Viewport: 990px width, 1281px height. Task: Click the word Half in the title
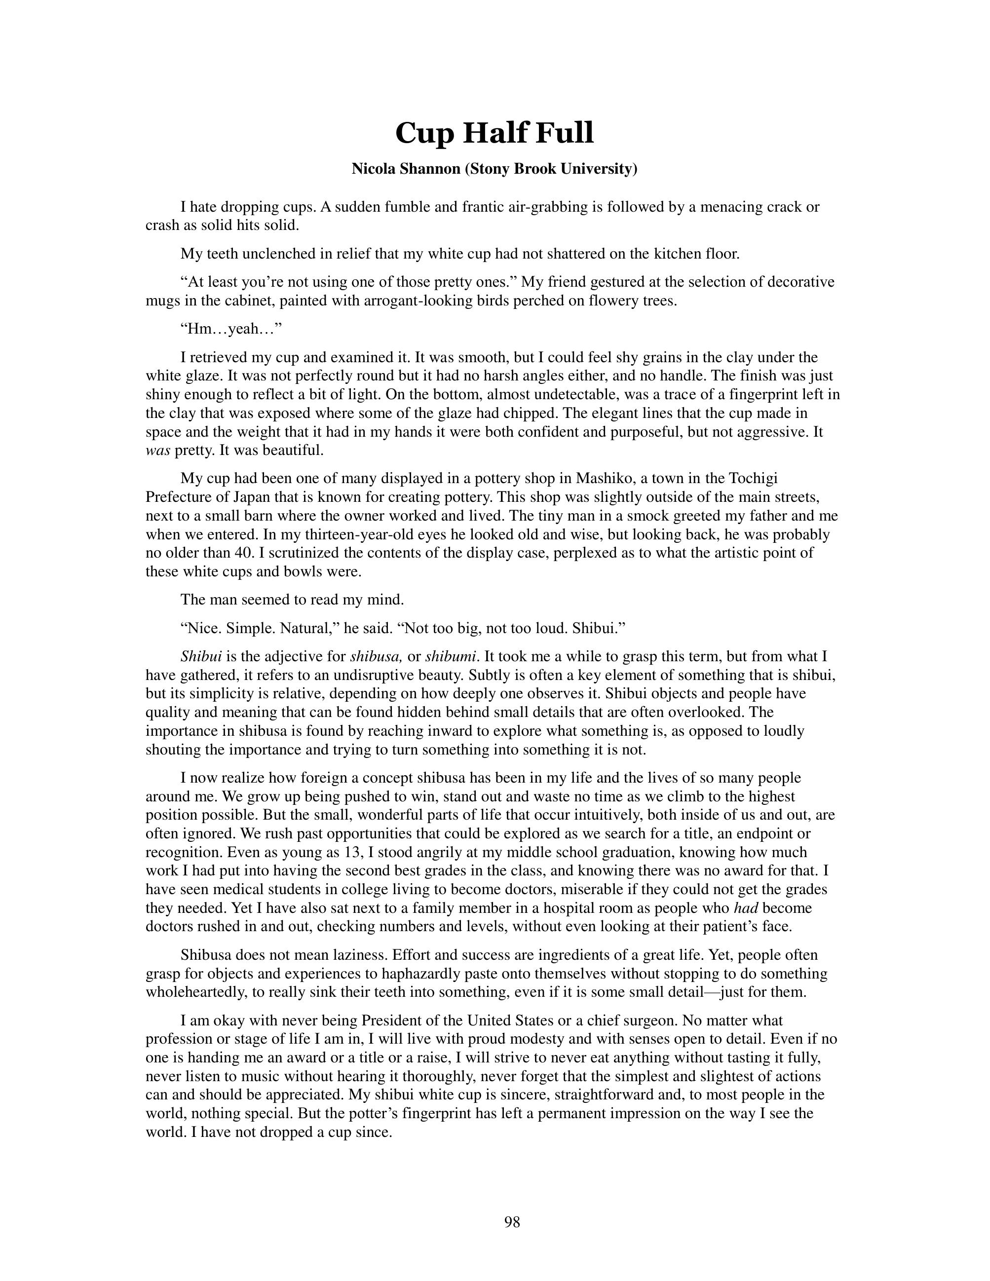click(494, 133)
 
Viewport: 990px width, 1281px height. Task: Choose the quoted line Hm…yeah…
click(231, 329)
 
